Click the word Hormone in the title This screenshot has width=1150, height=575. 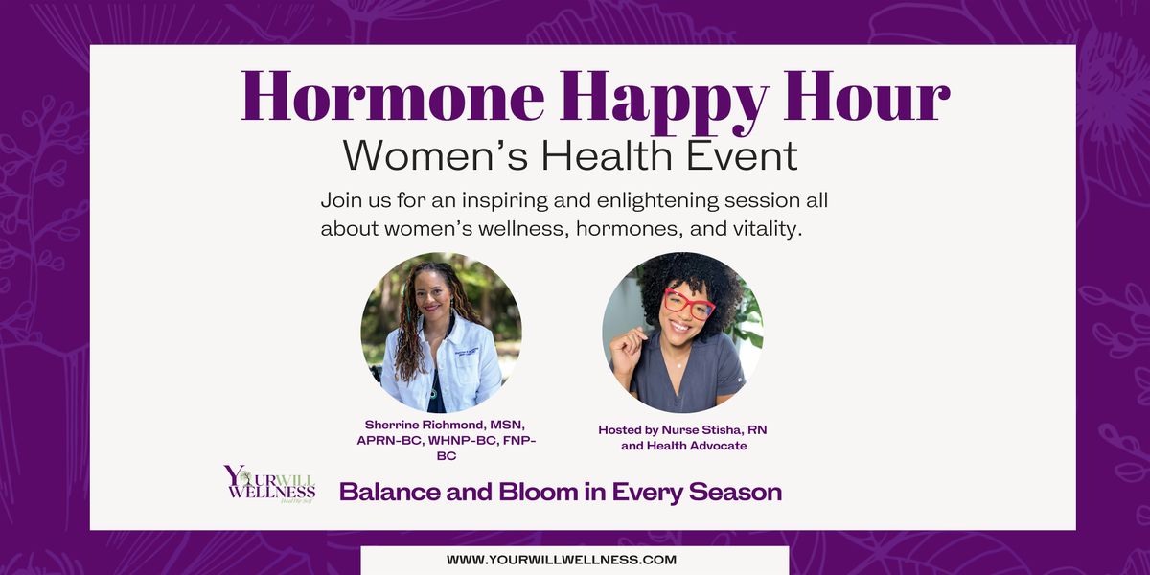point(393,97)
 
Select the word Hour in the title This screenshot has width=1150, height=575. point(867,97)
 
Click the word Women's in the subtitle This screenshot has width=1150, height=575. point(435,154)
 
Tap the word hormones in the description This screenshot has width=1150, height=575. point(630,229)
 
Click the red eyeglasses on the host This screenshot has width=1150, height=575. point(689,304)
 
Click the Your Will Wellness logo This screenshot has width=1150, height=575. point(269,484)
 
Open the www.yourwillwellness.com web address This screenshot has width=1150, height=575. point(562,560)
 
